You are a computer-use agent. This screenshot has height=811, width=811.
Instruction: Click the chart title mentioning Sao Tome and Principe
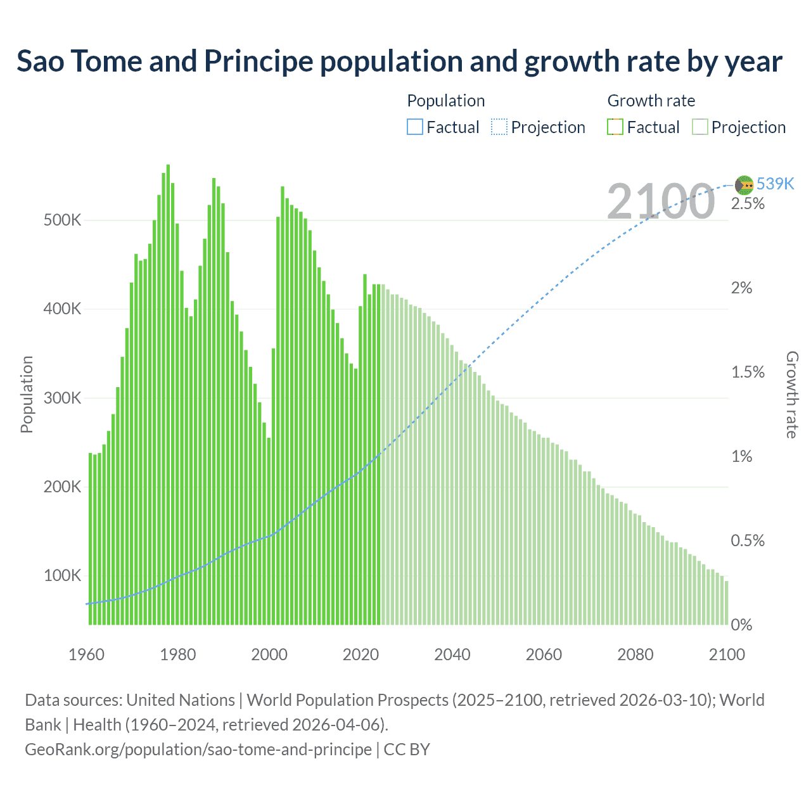pyautogui.click(x=399, y=61)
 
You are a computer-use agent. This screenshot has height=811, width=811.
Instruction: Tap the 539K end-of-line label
pyautogui.click(x=775, y=184)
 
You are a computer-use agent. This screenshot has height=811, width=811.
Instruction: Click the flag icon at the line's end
pyautogui.click(x=744, y=185)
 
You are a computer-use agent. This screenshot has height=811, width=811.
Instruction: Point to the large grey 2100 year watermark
pyautogui.click(x=661, y=201)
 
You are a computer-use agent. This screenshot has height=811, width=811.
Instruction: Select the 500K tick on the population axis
pyautogui.click(x=62, y=220)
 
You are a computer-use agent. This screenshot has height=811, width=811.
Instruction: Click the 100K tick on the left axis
pyautogui.click(x=62, y=575)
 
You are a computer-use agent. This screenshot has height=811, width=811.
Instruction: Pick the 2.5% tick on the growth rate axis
pyautogui.click(x=748, y=204)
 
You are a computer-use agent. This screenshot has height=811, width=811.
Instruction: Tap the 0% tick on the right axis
pyautogui.click(x=741, y=625)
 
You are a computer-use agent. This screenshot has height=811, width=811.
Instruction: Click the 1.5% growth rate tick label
pyautogui.click(x=748, y=372)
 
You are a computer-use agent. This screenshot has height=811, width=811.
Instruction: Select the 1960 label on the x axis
pyautogui.click(x=86, y=655)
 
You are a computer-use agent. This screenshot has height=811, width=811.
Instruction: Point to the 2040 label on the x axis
pyautogui.click(x=452, y=655)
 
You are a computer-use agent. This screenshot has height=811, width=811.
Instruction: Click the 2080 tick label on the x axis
pyautogui.click(x=635, y=655)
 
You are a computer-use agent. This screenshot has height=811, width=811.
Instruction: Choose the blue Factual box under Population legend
pyautogui.click(x=415, y=127)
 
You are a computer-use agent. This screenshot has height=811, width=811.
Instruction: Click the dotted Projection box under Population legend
pyautogui.click(x=499, y=127)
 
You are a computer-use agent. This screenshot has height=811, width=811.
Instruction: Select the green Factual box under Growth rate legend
pyautogui.click(x=615, y=127)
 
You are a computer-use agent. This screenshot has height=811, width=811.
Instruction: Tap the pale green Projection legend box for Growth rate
pyautogui.click(x=699, y=127)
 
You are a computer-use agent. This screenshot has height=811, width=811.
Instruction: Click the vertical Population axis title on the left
pyautogui.click(x=27, y=394)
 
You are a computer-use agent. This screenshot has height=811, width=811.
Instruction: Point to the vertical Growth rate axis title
pyautogui.click(x=792, y=395)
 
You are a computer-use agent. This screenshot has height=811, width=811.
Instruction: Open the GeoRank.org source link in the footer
pyautogui.click(x=198, y=750)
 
